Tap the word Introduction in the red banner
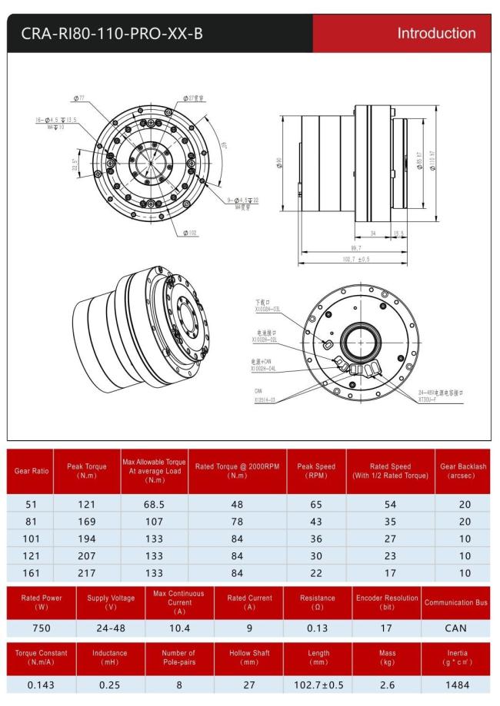tap(436, 33)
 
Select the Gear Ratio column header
tap(30, 471)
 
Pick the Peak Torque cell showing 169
tap(86, 522)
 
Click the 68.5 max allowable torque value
tap(154, 505)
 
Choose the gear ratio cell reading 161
tap(30, 572)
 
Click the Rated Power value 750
tap(42, 628)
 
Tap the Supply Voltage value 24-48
tap(111, 628)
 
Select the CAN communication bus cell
tap(455, 628)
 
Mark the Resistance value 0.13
tap(318, 628)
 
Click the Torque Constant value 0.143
tap(42, 684)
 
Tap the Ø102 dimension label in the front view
tap(192, 233)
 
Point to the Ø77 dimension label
tap(78, 98)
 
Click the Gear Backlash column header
tap(462, 471)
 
